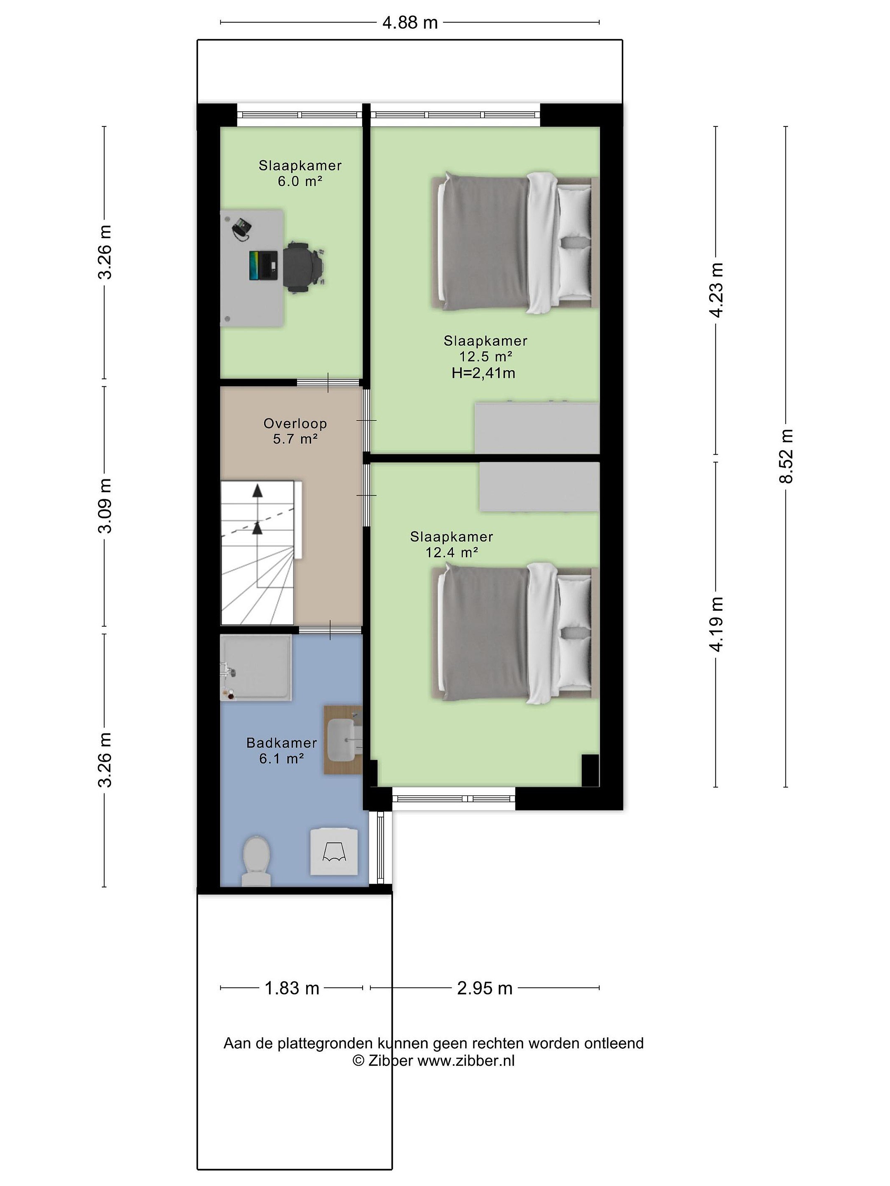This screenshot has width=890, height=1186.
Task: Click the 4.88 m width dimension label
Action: [410, 23]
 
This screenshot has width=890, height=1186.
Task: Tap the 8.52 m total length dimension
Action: [786, 456]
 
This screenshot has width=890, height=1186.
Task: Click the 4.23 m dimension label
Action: [716, 290]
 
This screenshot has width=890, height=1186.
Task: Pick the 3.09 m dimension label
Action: [105, 506]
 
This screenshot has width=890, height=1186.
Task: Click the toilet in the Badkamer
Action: [256, 860]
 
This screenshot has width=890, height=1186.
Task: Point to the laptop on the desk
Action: [263, 265]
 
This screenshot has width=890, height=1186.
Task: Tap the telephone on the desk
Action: [241, 227]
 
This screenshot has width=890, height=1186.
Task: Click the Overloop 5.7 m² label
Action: [295, 431]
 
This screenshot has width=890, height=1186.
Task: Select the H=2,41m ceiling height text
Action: [483, 373]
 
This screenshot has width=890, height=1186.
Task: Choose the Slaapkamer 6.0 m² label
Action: [300, 173]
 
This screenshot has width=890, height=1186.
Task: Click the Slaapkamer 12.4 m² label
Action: [452, 544]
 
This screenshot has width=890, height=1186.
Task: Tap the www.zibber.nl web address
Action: [466, 1060]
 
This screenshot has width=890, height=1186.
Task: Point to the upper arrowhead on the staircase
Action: [258, 490]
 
